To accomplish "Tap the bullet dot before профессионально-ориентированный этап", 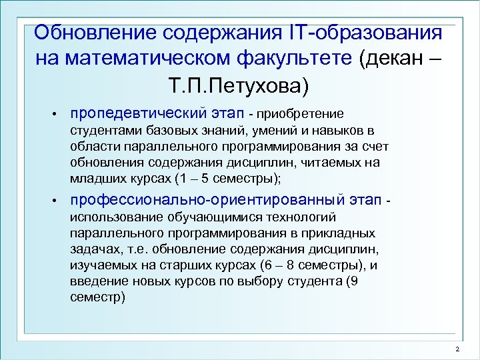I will pyautogui.click(x=58, y=201).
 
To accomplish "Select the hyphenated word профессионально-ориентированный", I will pyautogui.click(x=207, y=201).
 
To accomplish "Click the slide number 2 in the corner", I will pyautogui.click(x=457, y=351).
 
